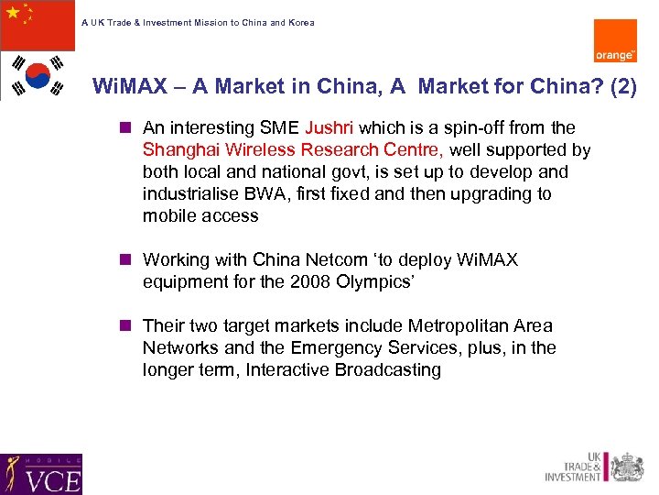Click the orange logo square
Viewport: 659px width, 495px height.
coord(615,40)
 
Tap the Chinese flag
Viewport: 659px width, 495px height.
coord(38,25)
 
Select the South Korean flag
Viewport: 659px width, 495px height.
coord(38,75)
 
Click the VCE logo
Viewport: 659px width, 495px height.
coord(41,474)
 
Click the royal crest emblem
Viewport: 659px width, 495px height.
coord(627,467)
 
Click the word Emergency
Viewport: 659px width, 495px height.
coord(334,348)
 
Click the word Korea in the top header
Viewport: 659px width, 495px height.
coord(300,23)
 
